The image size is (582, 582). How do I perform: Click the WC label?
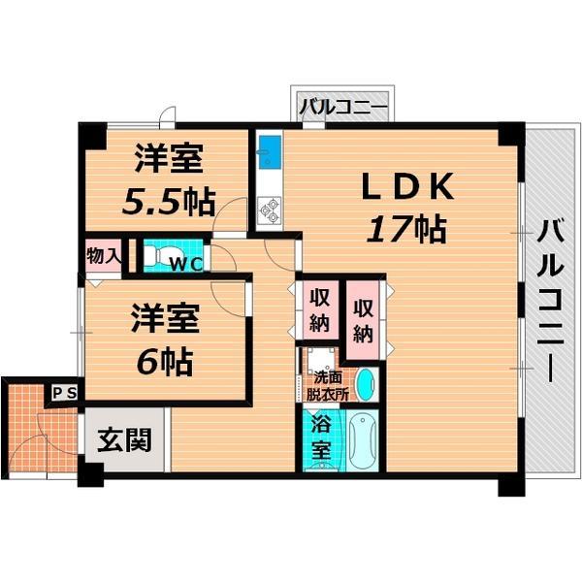point(186,261)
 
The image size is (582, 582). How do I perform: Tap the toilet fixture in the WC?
point(158,255)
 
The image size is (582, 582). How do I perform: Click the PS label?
point(64,393)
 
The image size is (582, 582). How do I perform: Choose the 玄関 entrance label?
point(123,441)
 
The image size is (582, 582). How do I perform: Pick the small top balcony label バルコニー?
point(342,107)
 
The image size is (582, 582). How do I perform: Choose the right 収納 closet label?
point(364,320)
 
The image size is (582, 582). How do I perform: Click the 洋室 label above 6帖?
point(165,320)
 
